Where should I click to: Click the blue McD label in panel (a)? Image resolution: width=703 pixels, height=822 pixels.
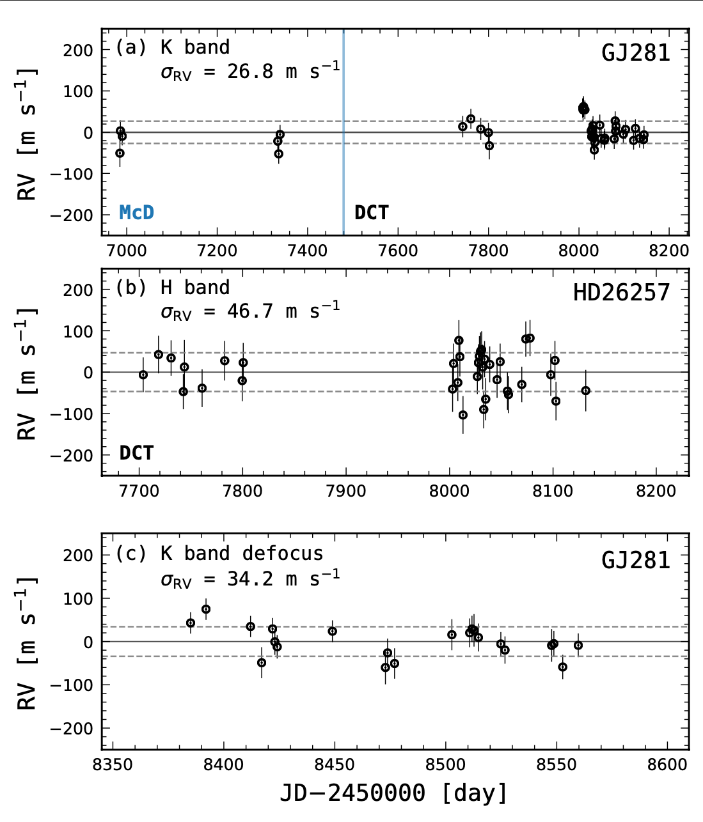[x=136, y=212]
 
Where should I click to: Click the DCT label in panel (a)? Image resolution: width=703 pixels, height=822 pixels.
[x=371, y=212]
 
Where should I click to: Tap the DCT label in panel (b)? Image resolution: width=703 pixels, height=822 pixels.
[x=136, y=453]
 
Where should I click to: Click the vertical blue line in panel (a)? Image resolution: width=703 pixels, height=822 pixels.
[x=344, y=160]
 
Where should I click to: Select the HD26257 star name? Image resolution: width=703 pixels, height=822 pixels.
[x=621, y=293]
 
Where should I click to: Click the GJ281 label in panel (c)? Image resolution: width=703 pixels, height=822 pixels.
[x=635, y=560]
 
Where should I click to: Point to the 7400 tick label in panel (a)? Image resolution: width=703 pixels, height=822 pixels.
[x=308, y=251]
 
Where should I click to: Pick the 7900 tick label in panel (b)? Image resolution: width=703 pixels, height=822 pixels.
[x=346, y=491]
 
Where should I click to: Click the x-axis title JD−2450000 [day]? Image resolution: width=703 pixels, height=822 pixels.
[x=393, y=793]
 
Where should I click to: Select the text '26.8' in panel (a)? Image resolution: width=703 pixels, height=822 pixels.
[x=251, y=71]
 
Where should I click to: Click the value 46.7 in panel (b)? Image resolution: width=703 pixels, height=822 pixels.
[x=251, y=311]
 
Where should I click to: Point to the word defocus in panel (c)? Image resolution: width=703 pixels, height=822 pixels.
[x=283, y=553]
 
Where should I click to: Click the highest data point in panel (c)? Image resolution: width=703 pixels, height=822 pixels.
[x=206, y=609]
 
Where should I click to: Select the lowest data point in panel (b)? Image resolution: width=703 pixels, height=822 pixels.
[x=463, y=415]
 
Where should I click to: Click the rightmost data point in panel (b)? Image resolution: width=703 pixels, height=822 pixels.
[x=585, y=391]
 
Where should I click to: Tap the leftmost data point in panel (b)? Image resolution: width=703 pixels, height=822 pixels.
[x=143, y=375]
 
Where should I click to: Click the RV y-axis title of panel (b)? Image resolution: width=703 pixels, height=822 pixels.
[x=27, y=373]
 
